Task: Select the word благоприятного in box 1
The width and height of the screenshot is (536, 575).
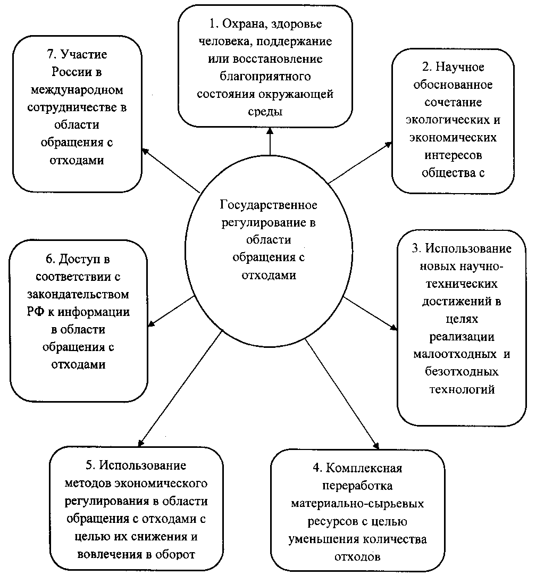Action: click(265, 77)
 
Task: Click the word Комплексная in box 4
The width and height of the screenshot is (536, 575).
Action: click(364, 468)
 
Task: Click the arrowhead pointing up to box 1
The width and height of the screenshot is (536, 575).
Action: click(270, 131)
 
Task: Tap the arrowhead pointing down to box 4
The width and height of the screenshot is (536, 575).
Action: click(376, 446)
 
